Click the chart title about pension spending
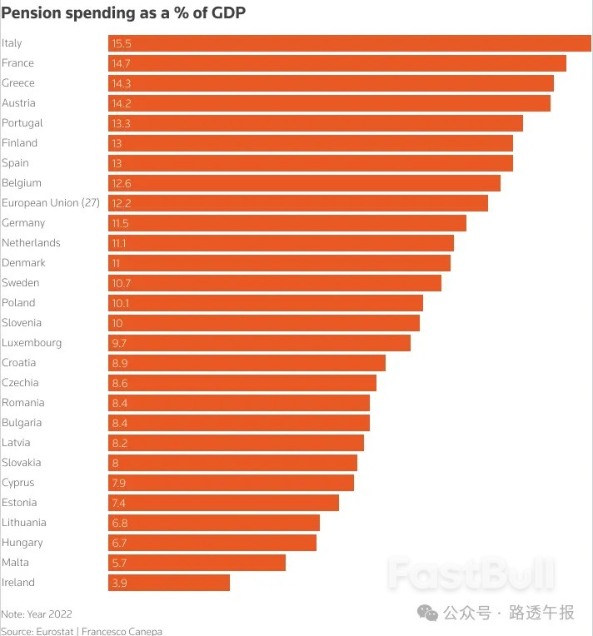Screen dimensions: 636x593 [x=123, y=12]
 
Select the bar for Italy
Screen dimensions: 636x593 [x=350, y=43]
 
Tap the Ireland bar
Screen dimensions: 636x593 [x=169, y=583]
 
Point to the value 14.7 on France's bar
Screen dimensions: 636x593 [x=121, y=63]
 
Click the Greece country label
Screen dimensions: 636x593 [x=18, y=83]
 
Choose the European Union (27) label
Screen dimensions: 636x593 [x=52, y=203]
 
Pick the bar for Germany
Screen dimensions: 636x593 [x=287, y=223]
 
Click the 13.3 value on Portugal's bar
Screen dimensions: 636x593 [x=121, y=123]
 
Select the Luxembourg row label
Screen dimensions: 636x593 [x=32, y=343]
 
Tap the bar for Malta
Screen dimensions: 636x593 [x=197, y=563]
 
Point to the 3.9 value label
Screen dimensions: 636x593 [x=119, y=583]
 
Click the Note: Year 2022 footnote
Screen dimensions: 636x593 [x=37, y=614]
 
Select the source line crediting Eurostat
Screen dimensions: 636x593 [x=82, y=631]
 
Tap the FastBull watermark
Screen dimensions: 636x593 [x=471, y=574]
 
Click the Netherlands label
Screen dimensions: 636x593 [x=31, y=243]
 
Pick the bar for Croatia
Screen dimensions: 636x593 [x=247, y=363]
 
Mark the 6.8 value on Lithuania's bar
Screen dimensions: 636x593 [x=119, y=523]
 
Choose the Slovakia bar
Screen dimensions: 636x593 [x=232, y=463]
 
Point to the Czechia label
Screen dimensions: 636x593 [x=20, y=383]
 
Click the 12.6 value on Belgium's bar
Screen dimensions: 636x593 [x=122, y=183]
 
